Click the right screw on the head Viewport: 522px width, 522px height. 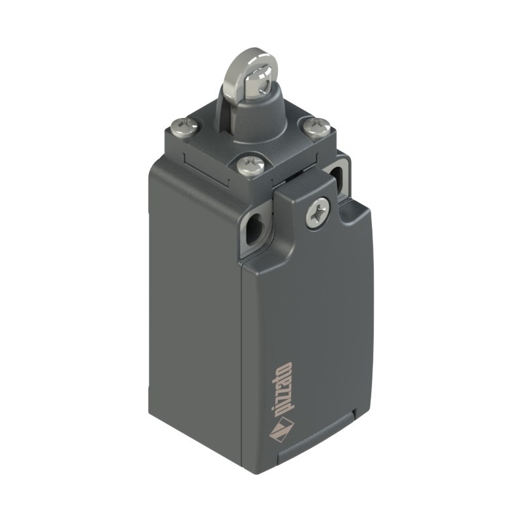click(x=316, y=126)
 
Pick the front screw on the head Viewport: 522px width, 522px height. click(x=251, y=165)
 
